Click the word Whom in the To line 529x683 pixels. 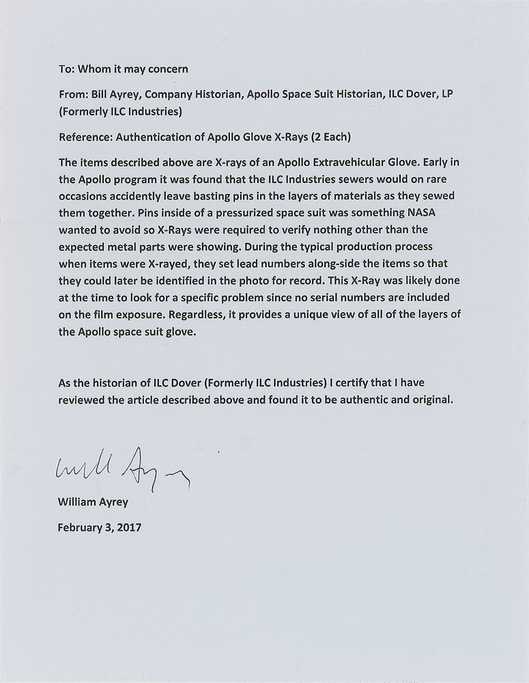(x=94, y=68)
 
